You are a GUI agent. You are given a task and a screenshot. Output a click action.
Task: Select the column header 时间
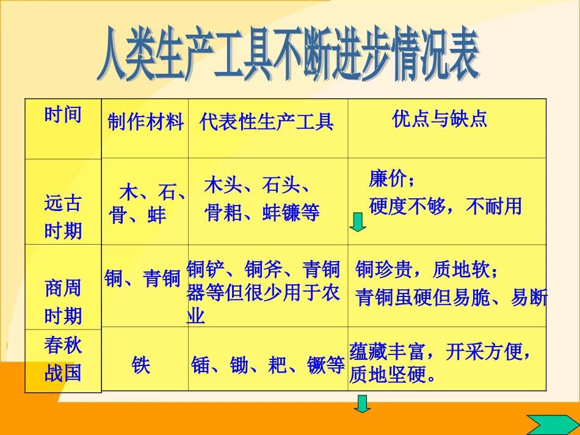coord(63,114)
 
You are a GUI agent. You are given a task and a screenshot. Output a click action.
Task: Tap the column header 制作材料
coord(145,123)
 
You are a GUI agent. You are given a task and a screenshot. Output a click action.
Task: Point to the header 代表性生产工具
coord(267,123)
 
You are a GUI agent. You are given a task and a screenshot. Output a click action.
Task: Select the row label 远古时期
coord(63,217)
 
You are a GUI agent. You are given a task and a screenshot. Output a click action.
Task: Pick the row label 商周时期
coord(63,302)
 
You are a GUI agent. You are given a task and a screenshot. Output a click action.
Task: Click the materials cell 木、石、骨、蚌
coord(147,204)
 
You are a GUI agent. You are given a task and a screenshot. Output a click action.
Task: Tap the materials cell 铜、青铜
coord(143,279)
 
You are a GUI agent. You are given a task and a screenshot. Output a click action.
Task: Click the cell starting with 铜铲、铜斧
coord(263,292)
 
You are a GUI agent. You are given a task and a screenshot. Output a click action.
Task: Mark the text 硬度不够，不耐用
coord(446,206)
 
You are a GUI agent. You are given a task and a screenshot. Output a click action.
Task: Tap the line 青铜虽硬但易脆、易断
coord(451,297)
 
